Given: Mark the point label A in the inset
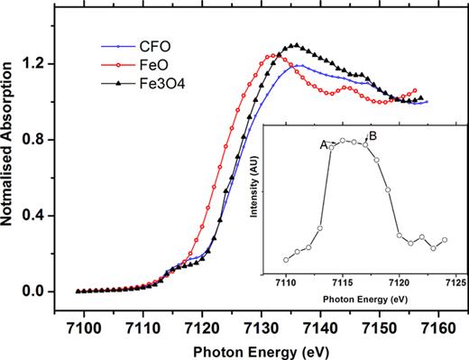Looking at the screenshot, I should (x=323, y=143).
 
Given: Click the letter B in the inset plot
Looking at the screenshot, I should (x=372, y=136).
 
